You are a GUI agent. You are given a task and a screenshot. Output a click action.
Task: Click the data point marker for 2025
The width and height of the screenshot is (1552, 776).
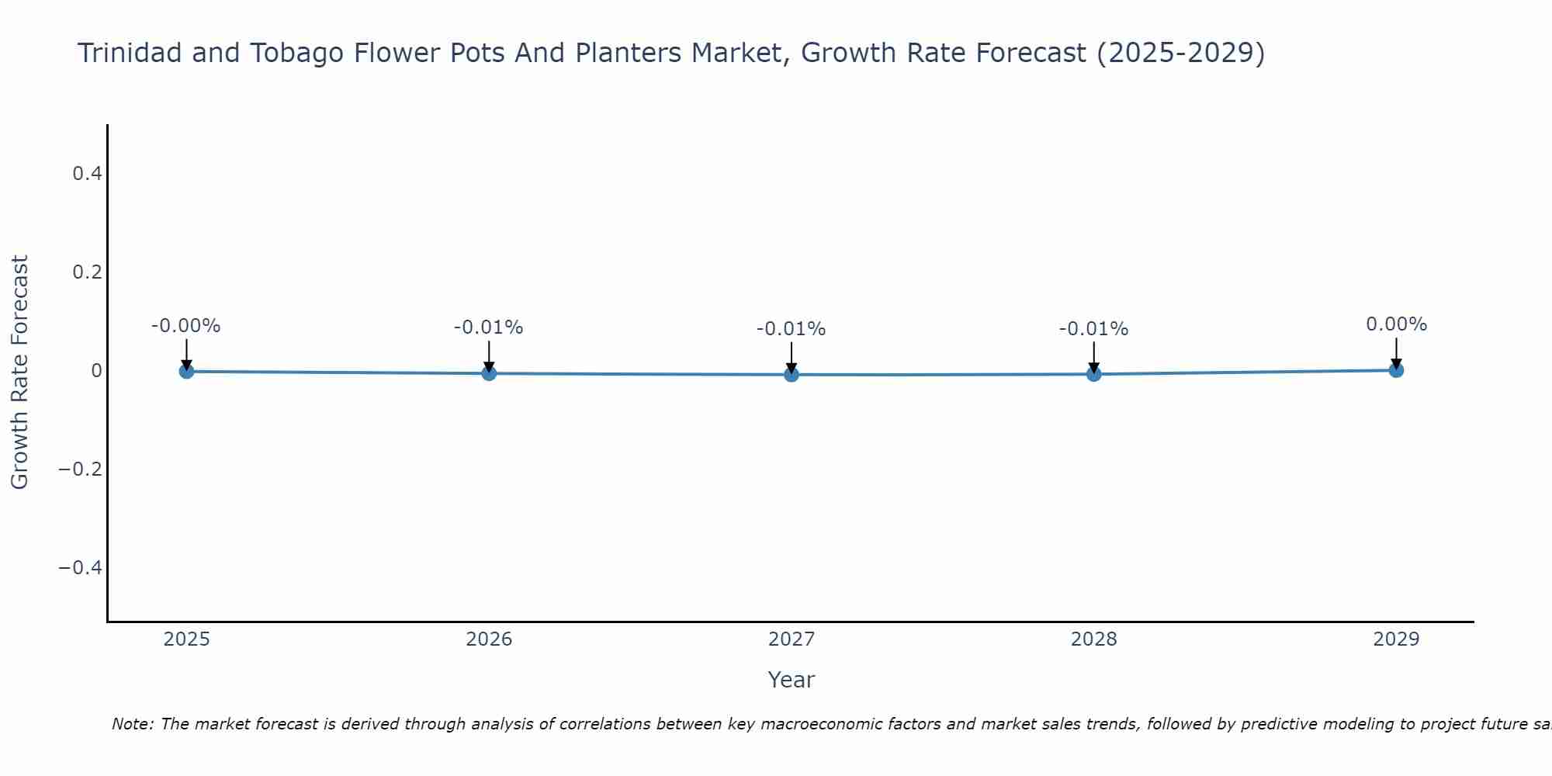pyautogui.click(x=186, y=371)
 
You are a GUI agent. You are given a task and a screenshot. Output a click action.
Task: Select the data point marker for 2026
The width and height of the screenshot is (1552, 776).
pyautogui.click(x=489, y=373)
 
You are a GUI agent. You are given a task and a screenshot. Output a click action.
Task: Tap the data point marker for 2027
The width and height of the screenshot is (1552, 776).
pyautogui.click(x=792, y=375)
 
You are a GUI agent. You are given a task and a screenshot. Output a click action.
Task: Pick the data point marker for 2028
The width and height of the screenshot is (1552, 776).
pyautogui.click(x=1093, y=374)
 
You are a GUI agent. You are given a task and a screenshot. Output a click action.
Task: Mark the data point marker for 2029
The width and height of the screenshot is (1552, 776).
pyautogui.click(x=1396, y=370)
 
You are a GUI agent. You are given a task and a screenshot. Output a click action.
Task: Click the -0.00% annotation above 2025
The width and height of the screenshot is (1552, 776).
pyautogui.click(x=186, y=326)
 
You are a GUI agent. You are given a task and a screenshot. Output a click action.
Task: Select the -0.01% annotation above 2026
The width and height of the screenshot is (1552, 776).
pyautogui.click(x=489, y=327)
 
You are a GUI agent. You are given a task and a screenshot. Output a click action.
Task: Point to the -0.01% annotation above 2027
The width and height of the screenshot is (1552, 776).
pyautogui.click(x=792, y=329)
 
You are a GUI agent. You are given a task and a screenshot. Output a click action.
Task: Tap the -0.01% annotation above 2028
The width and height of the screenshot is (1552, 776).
pyautogui.click(x=1093, y=329)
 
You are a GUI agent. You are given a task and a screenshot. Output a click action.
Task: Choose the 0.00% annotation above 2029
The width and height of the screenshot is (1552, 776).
pyautogui.click(x=1396, y=324)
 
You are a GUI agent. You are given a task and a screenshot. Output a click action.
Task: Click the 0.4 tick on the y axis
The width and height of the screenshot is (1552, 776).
pyautogui.click(x=87, y=174)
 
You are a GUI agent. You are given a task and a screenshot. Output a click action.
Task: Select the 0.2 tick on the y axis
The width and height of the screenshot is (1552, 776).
pyautogui.click(x=87, y=272)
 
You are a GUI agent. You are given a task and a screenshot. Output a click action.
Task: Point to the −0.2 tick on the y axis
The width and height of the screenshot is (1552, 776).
pyautogui.click(x=81, y=469)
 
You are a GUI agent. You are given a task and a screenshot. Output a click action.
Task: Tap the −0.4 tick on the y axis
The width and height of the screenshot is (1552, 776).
pyautogui.click(x=81, y=568)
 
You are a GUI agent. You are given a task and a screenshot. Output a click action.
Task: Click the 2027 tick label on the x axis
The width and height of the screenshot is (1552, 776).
pyautogui.click(x=792, y=639)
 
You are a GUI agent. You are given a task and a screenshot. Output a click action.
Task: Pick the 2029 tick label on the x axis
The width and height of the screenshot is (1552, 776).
pyautogui.click(x=1396, y=639)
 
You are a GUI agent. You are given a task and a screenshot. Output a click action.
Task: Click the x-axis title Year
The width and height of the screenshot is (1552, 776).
pyautogui.click(x=792, y=680)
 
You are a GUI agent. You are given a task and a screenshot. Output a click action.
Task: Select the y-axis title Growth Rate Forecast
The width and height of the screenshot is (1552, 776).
pyautogui.click(x=20, y=372)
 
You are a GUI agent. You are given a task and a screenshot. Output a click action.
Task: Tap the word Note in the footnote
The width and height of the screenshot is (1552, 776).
pyautogui.click(x=132, y=724)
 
